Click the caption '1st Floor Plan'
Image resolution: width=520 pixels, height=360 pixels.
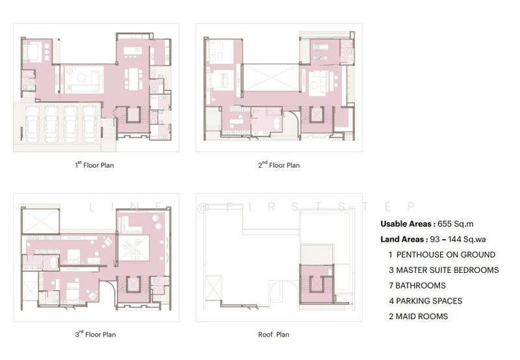(94, 165)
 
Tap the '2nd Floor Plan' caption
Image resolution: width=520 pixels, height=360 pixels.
(279, 165)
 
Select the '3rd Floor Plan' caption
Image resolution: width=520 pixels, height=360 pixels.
(96, 334)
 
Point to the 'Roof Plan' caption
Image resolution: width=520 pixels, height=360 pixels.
(274, 335)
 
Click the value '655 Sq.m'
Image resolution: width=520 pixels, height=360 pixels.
(456, 224)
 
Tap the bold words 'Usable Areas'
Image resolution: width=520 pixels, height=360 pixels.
(406, 224)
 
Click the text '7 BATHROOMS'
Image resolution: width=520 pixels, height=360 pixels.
(417, 285)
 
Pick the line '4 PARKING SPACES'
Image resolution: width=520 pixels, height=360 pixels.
(426, 301)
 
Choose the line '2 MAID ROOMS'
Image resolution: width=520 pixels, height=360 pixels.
(418, 316)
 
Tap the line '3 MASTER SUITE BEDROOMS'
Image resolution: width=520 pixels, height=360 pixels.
(444, 270)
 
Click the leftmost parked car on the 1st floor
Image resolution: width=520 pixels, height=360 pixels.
(32, 123)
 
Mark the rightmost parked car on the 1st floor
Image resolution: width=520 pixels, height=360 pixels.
(90, 123)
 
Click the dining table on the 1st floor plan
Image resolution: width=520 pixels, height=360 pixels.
(133, 79)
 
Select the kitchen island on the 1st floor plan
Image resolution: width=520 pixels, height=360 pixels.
(133, 51)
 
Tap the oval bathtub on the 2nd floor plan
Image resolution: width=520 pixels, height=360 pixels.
(277, 123)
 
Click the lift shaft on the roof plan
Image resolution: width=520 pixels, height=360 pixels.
(317, 285)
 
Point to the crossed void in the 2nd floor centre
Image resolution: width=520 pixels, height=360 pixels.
(271, 77)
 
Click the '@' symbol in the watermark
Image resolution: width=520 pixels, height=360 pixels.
(202, 207)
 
